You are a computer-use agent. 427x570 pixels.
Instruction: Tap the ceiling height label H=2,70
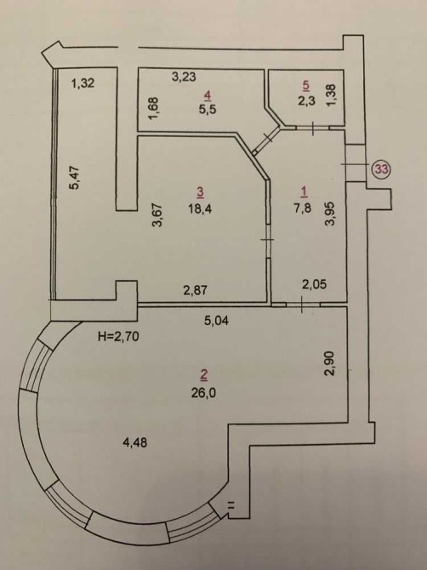click(118, 337)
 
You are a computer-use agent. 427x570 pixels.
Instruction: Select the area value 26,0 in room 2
click(204, 393)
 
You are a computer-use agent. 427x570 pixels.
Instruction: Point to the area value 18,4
click(200, 209)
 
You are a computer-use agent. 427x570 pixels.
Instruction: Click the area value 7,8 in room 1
click(302, 208)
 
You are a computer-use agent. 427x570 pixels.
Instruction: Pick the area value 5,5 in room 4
click(208, 109)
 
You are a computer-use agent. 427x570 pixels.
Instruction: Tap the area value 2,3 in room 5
click(307, 101)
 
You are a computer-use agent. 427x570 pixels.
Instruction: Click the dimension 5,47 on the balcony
click(75, 177)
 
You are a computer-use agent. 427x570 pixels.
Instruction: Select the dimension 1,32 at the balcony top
click(83, 83)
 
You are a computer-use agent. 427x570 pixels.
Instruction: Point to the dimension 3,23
click(184, 77)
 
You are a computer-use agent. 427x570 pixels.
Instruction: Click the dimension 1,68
click(153, 108)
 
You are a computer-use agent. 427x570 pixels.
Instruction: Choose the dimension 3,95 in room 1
click(330, 214)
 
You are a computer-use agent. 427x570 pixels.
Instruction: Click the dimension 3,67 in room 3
click(157, 215)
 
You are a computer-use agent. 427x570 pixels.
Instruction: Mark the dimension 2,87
click(195, 290)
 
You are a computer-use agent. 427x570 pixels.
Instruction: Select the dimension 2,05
click(314, 284)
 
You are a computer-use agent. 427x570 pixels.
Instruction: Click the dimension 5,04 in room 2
click(216, 320)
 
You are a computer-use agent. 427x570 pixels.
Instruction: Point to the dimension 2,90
click(330, 364)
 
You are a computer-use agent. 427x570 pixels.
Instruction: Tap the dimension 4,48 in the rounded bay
click(135, 442)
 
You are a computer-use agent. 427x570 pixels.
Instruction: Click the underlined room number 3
click(200, 192)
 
